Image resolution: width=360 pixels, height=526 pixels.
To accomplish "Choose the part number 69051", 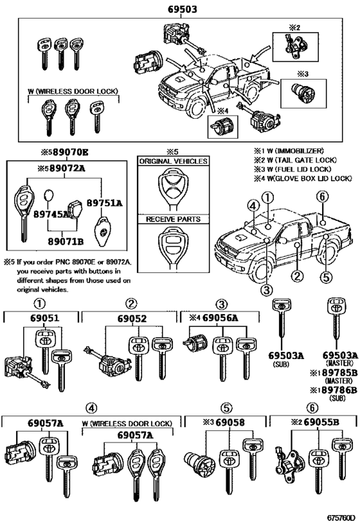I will click(42, 318).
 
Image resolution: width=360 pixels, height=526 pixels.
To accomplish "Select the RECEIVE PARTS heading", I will click(174, 219).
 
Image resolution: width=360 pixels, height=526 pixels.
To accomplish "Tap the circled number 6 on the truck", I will click(323, 196).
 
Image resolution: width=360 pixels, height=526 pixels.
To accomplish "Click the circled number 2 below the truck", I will click(297, 277).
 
